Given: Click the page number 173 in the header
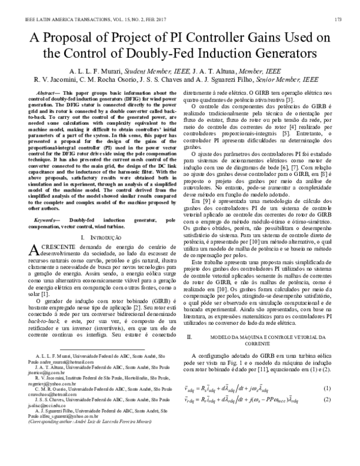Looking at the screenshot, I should coord(338,19).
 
